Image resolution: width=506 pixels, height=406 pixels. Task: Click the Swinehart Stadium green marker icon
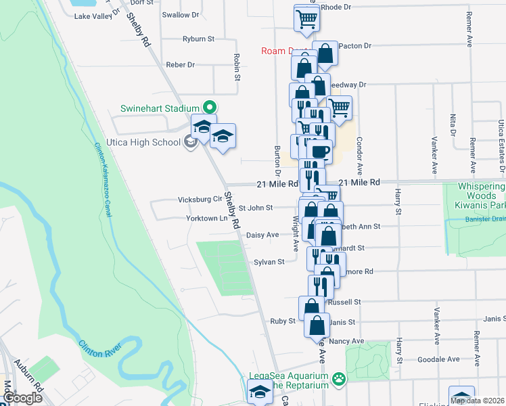coord(210,107)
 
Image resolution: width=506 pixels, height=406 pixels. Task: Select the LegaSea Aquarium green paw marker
coord(336,379)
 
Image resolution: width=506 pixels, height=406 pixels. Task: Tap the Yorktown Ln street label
coord(207,219)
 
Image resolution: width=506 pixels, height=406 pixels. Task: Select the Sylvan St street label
coord(269,261)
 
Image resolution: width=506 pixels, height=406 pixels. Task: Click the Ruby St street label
coord(283,321)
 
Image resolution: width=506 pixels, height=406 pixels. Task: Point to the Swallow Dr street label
coord(181,14)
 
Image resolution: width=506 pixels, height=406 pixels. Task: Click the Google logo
coord(24,398)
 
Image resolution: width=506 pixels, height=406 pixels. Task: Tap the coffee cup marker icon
coord(321,152)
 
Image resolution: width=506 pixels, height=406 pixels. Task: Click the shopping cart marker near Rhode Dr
coord(307,18)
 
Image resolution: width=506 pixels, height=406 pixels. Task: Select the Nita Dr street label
coord(453,125)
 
